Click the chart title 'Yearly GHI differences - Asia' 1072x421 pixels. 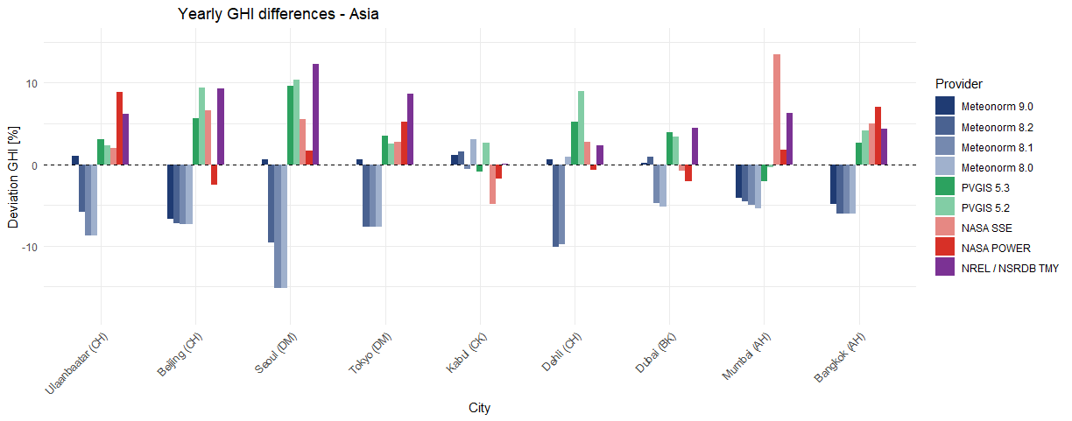pyautogui.click(x=278, y=14)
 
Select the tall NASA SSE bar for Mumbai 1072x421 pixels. pyautogui.click(x=777, y=109)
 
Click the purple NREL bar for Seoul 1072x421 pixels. pyautogui.click(x=315, y=115)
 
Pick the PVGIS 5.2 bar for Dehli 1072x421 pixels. pyautogui.click(x=581, y=128)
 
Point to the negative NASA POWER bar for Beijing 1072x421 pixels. pyautogui.click(x=214, y=174)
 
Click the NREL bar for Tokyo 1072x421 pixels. pyautogui.click(x=410, y=130)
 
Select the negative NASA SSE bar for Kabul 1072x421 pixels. pyautogui.click(x=493, y=184)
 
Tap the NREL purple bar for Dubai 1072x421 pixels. pyautogui.click(x=695, y=146)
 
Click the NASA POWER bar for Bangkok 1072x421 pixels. pyautogui.click(x=878, y=136)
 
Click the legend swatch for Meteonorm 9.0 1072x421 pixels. pyautogui.click(x=945, y=105)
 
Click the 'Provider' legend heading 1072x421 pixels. pyautogui.click(x=958, y=84)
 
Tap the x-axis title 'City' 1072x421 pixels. pyautogui.click(x=479, y=408)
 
